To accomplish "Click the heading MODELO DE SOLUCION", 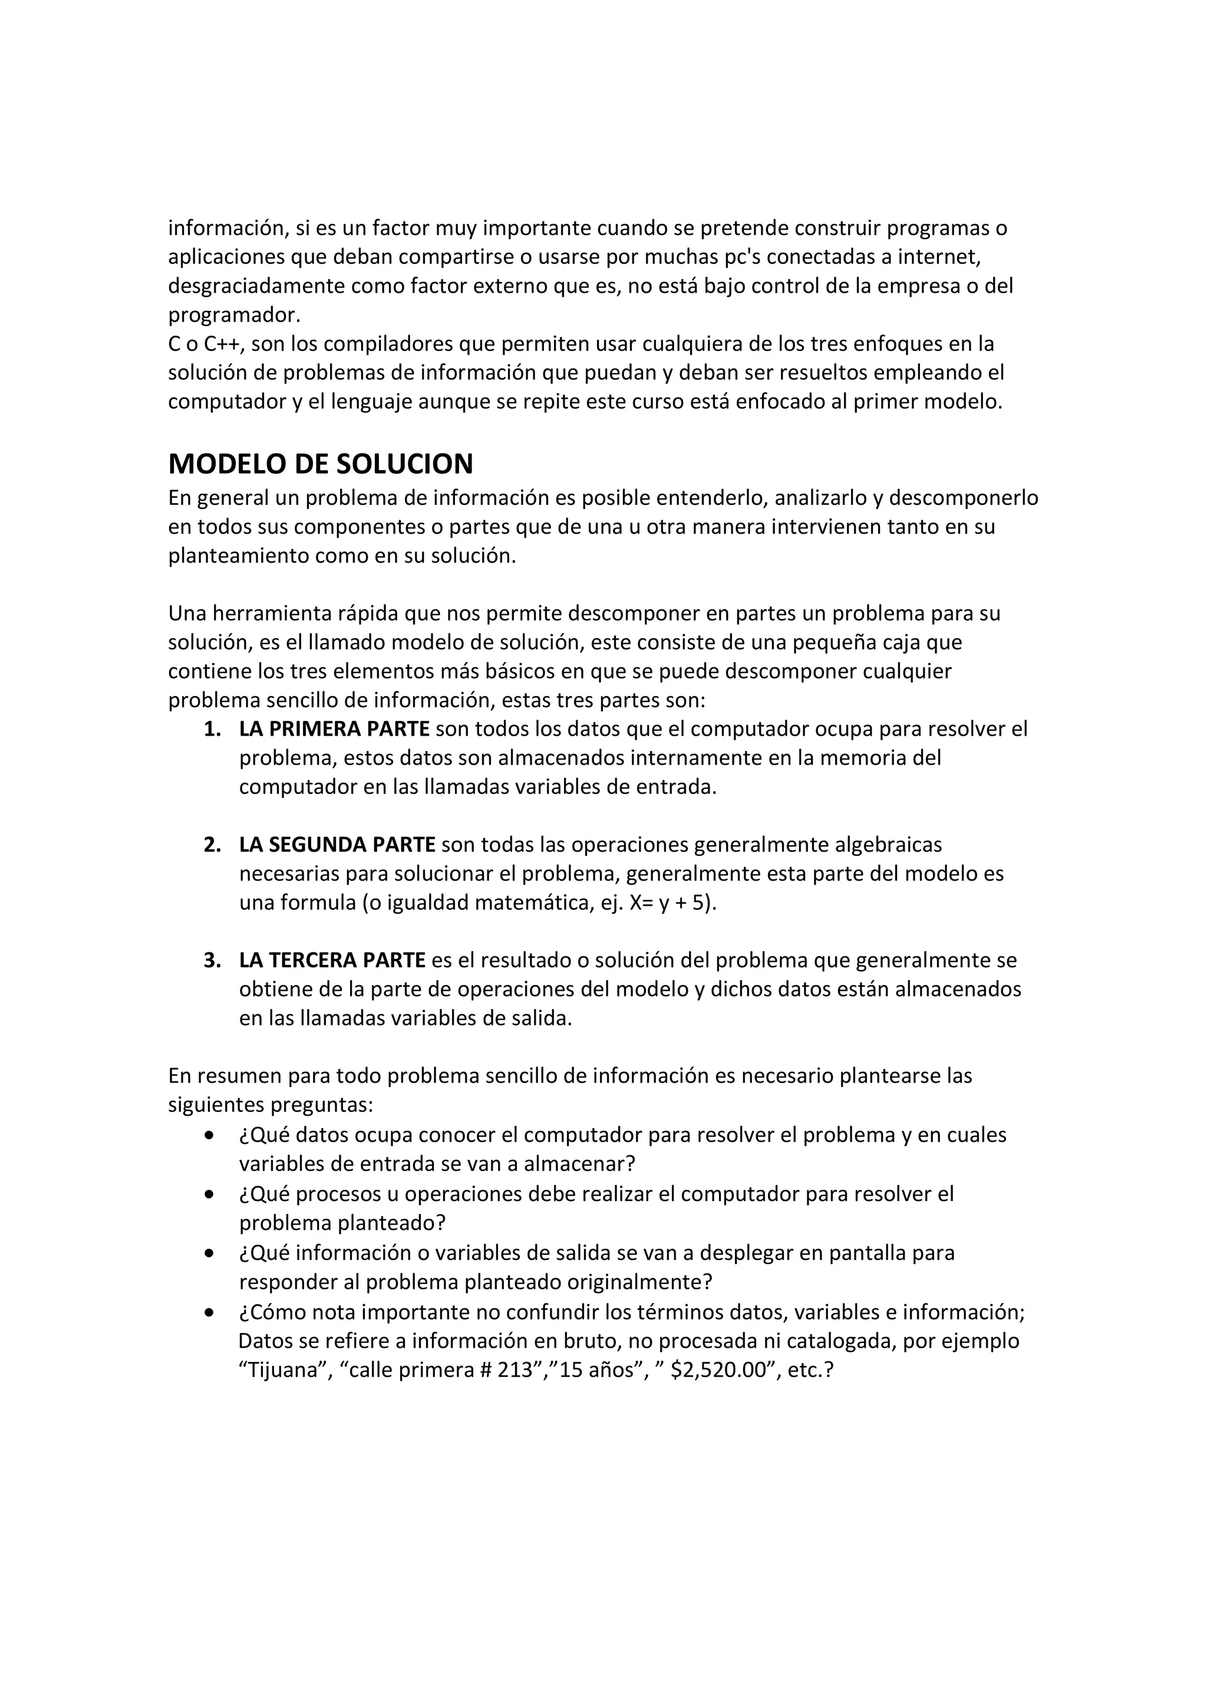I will point(321,464).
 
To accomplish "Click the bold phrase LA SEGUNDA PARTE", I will point(337,845).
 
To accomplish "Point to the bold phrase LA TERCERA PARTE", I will point(332,961).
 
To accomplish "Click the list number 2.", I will point(212,845).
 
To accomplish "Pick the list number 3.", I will point(212,961).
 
